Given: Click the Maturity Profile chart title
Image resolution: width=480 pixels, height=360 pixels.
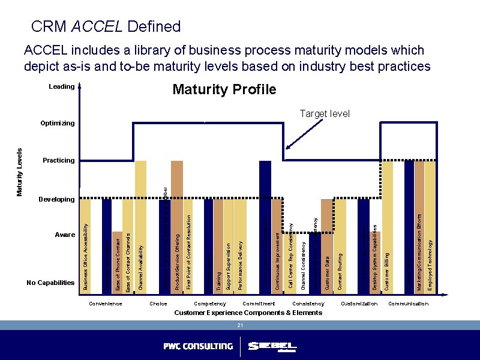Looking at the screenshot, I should pyautogui.click(x=224, y=90).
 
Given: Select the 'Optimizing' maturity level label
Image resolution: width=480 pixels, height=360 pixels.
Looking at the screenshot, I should pyautogui.click(x=58, y=123).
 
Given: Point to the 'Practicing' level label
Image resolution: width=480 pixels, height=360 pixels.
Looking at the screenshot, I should pyautogui.click(x=59, y=160).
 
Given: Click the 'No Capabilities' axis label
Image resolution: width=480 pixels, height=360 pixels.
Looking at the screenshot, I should pyautogui.click(x=50, y=282).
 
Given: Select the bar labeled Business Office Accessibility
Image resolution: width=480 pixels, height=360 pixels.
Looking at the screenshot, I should pyautogui.click(x=85, y=246).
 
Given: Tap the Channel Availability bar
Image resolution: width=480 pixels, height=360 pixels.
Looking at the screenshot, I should pyautogui.click(x=140, y=228).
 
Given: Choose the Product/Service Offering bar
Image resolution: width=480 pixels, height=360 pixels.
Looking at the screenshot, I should pyautogui.click(x=177, y=228).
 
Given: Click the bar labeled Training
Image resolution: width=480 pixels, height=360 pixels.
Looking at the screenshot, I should pyautogui.click(x=218, y=246).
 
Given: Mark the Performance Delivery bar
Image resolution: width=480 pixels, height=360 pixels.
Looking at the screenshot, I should pyautogui.click(x=240, y=246).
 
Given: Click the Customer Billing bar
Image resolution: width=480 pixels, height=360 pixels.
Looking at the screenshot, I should pyautogui.click(x=387, y=228).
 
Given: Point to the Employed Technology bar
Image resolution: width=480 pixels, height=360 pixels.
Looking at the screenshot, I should pyautogui.click(x=430, y=228).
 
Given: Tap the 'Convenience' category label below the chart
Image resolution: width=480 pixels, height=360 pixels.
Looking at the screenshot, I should pyautogui.click(x=106, y=304).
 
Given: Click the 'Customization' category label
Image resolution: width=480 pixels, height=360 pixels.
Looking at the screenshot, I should pyautogui.click(x=359, y=304).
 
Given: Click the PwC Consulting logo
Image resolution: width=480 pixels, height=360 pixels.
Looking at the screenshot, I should pyautogui.click(x=198, y=346).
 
